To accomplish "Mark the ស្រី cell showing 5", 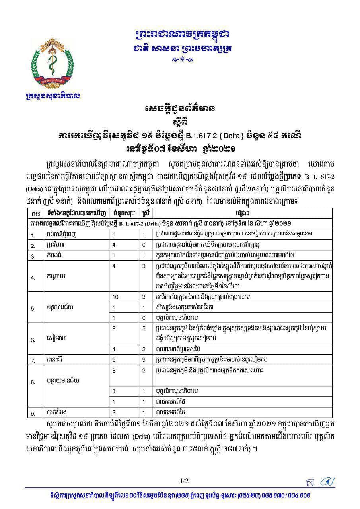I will (x=144, y=328).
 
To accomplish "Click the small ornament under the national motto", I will (x=182, y=60).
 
